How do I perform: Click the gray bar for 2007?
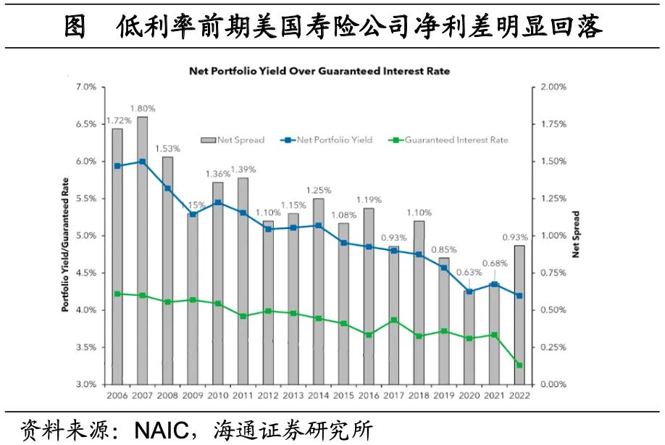[x=143, y=250]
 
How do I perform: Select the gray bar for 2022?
[x=519, y=315]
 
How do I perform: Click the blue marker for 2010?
[x=218, y=203]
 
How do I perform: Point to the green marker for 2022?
[x=519, y=365]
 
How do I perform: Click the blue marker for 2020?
[x=469, y=291]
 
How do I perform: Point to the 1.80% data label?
[x=143, y=109]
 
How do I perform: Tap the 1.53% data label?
[x=168, y=149]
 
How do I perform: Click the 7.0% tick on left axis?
[x=86, y=87]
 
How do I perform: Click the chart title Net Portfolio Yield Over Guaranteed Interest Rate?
[x=319, y=71]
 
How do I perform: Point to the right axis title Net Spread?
[x=577, y=235]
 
